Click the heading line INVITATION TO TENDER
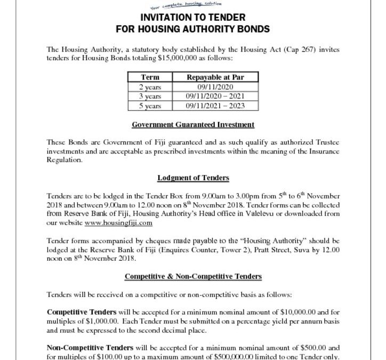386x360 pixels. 193,16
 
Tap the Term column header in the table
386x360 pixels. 150,77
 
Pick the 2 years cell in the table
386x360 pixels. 150,87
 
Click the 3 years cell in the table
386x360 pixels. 150,96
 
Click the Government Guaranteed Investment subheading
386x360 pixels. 193,125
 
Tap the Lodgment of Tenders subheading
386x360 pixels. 193,178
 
